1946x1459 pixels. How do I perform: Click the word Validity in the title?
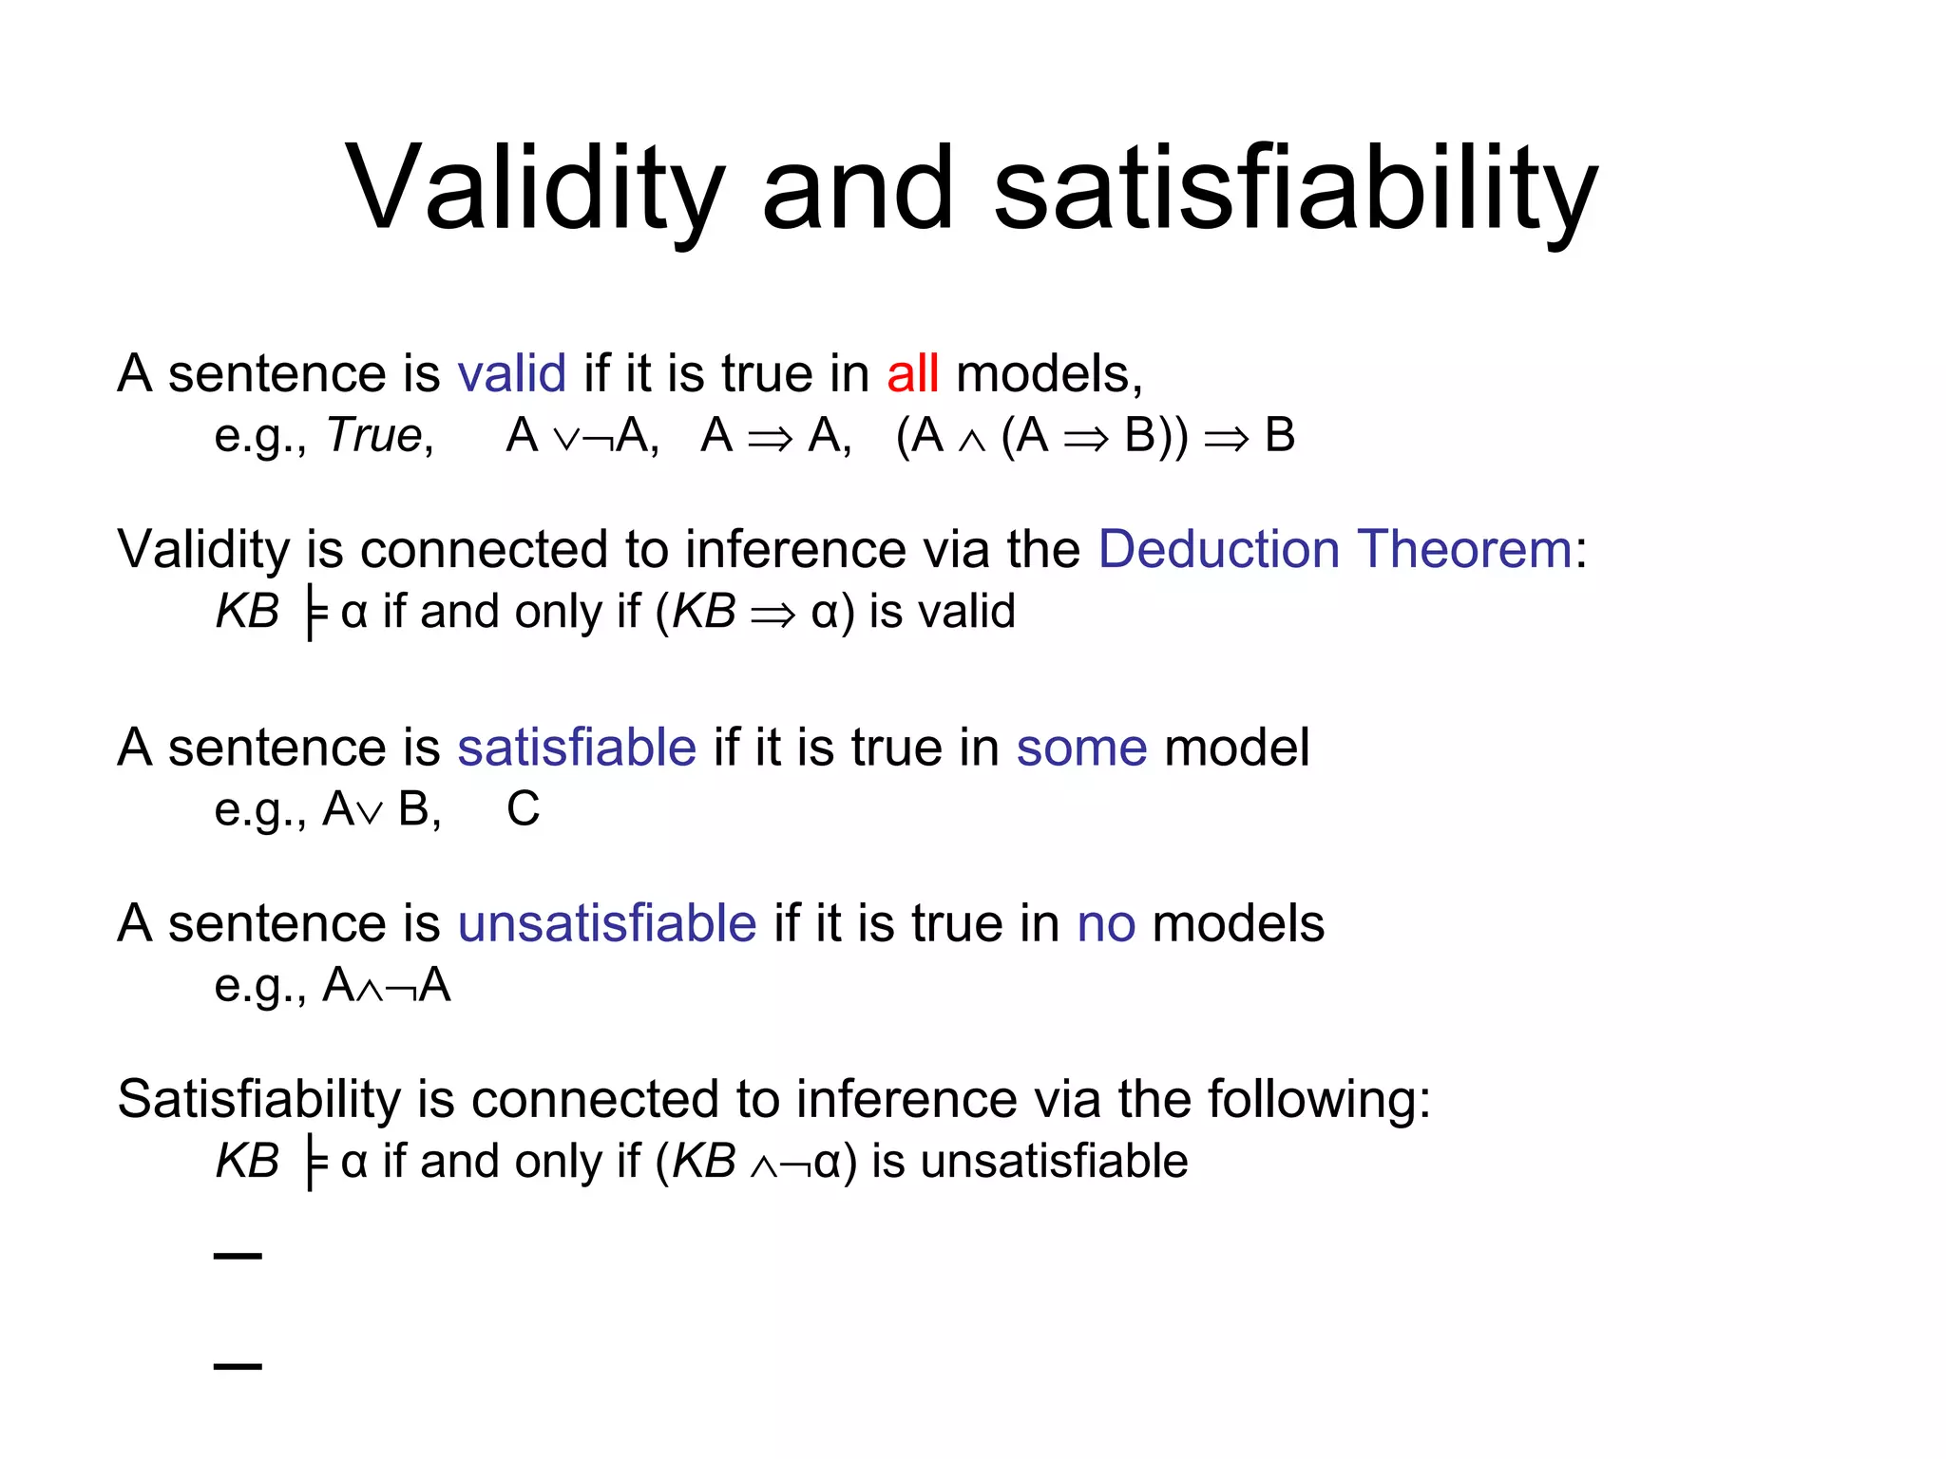tap(535, 187)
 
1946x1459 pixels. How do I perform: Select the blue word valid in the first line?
tap(511, 373)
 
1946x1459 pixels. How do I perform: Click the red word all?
tap(912, 373)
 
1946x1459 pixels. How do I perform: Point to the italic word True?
tap(373, 436)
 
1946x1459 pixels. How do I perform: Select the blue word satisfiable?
tap(577, 748)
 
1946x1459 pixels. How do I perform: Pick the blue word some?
tap(1081, 748)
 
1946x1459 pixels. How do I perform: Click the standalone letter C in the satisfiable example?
tap(523, 809)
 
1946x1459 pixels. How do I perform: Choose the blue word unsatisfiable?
tap(606, 923)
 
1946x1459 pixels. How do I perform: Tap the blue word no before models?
tap(1106, 923)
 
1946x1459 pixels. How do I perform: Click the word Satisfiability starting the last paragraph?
tap(258, 1099)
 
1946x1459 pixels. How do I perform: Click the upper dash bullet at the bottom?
tap(238, 1256)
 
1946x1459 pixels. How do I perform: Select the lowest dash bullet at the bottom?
tap(238, 1366)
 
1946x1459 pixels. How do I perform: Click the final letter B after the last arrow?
tap(1280, 436)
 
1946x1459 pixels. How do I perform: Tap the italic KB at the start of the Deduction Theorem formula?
tap(247, 612)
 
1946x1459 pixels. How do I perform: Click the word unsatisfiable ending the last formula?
tap(1054, 1162)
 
